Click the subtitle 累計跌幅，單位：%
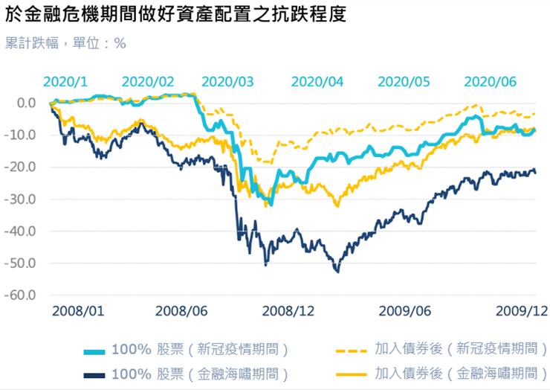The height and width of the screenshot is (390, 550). click(x=65, y=43)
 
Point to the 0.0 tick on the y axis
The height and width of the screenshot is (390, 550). click(x=26, y=103)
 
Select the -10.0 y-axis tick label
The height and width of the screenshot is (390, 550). click(x=22, y=135)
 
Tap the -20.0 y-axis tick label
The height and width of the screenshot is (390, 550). click(x=22, y=167)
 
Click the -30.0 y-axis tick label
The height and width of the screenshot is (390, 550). click(x=22, y=199)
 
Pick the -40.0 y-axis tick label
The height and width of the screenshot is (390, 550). click(x=22, y=231)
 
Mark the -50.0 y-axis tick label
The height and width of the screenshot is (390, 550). click(x=22, y=263)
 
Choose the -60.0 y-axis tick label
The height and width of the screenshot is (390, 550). click(x=22, y=295)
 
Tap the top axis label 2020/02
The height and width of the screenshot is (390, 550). click(x=148, y=81)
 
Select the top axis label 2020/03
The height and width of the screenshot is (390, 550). click(x=227, y=81)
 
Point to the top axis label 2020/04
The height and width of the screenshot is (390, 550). click(x=317, y=81)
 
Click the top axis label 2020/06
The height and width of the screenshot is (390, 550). click(x=490, y=81)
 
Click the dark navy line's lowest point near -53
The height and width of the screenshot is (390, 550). click(x=337, y=272)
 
